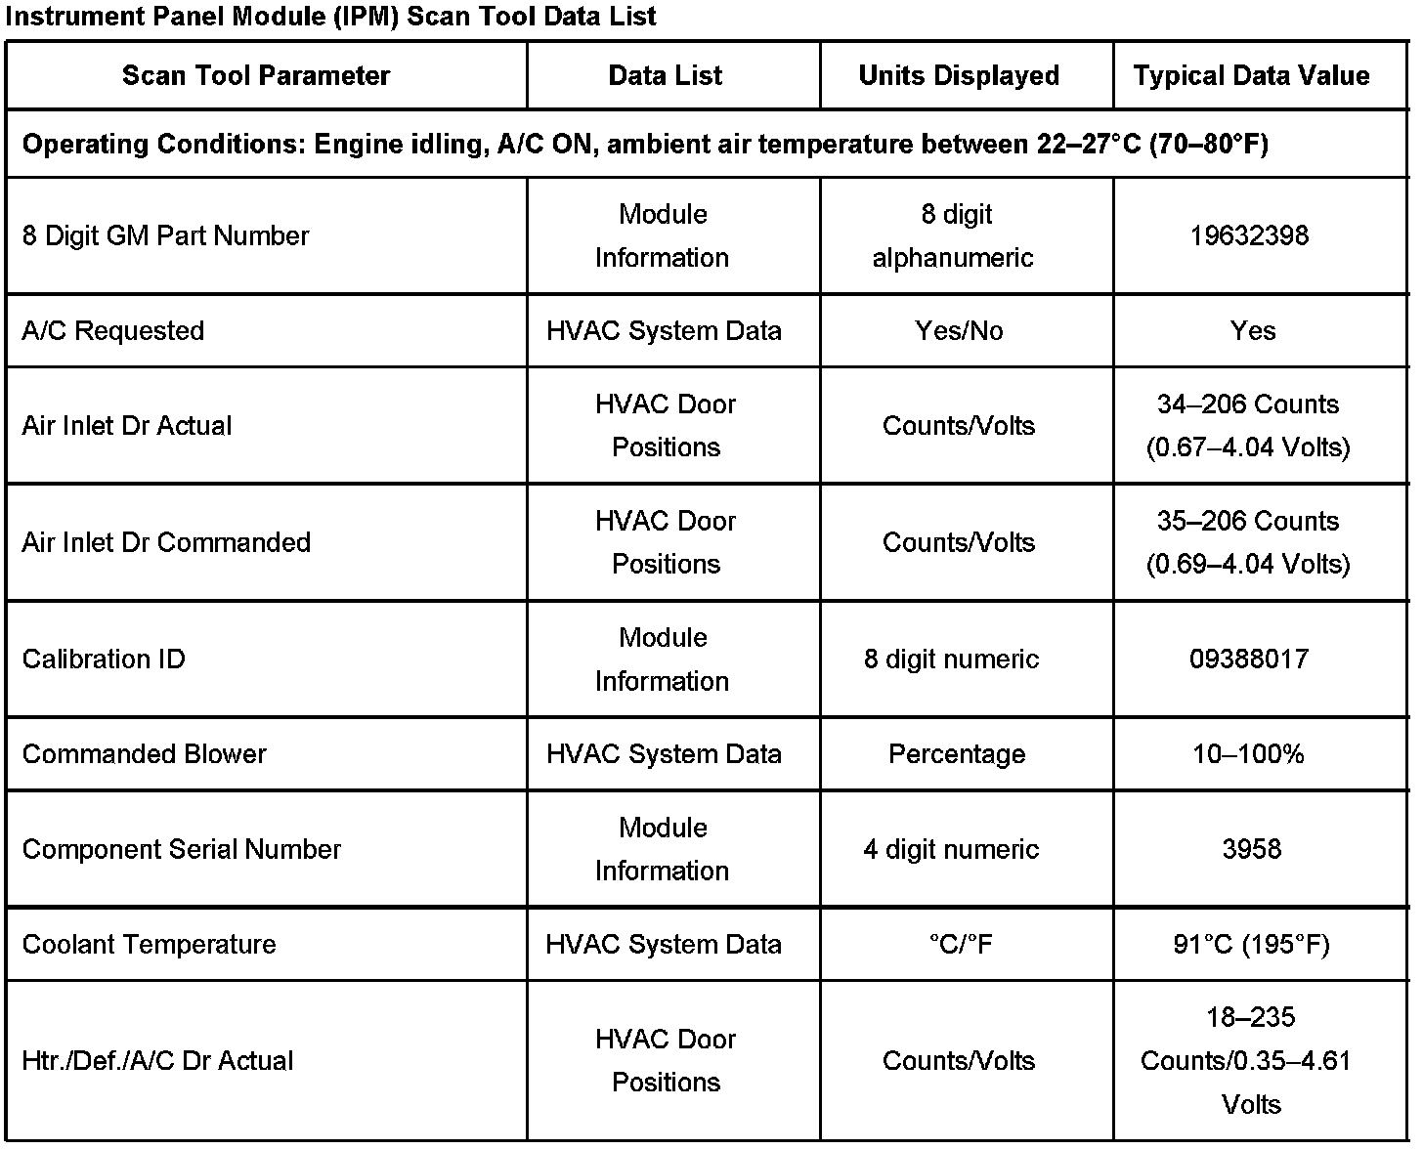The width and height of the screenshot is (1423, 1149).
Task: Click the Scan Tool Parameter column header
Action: coord(256,76)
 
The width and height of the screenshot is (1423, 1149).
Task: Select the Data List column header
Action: coord(665,76)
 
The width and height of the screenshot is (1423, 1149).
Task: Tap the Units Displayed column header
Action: coord(959,76)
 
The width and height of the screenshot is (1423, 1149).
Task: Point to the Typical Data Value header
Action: coord(1251,76)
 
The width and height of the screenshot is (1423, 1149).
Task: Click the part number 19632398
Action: coord(1249,235)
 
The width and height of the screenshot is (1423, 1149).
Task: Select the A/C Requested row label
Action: coord(113,331)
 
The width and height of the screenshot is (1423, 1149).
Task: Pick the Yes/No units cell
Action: coord(959,331)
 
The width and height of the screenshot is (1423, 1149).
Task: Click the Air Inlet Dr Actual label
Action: coord(127,426)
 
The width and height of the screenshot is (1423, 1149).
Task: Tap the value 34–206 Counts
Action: coord(1248,404)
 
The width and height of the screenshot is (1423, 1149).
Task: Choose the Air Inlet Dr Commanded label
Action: coord(166,542)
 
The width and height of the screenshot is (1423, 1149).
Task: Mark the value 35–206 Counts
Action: coord(1248,521)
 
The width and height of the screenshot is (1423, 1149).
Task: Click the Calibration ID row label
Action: coord(104,659)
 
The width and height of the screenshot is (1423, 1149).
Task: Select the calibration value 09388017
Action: coord(1249,659)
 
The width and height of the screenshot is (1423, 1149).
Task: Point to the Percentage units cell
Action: coord(957,754)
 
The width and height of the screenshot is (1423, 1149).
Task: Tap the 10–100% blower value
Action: coord(1249,754)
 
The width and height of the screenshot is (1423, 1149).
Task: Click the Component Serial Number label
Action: coord(182,849)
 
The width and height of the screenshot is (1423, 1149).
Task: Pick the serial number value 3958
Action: coord(1251,849)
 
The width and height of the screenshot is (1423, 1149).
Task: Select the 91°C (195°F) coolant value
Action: coord(1251,944)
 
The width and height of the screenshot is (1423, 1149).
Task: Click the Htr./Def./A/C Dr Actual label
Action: coord(157,1061)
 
